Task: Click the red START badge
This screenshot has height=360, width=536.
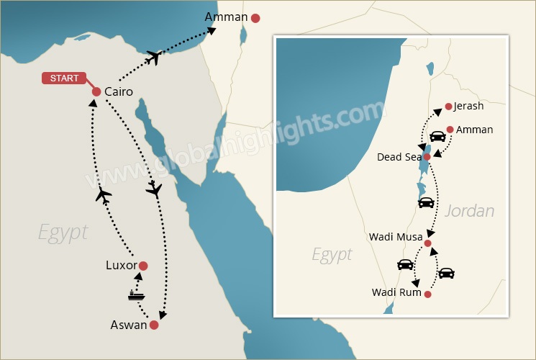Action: click(x=64, y=78)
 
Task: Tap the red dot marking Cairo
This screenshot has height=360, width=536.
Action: click(x=96, y=92)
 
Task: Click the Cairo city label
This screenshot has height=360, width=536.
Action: click(x=119, y=92)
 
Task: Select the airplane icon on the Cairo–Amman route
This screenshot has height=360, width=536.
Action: click(x=153, y=57)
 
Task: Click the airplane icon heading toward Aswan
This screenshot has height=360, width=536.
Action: click(x=153, y=189)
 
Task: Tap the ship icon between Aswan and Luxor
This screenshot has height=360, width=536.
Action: click(x=136, y=295)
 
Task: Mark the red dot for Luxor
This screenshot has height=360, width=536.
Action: click(x=143, y=266)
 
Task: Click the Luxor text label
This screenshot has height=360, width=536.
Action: click(x=121, y=266)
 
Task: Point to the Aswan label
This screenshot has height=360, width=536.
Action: click(x=129, y=325)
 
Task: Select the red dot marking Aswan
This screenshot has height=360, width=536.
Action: click(x=154, y=325)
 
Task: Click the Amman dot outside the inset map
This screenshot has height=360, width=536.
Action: click(x=255, y=17)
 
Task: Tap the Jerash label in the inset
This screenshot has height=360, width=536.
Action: click(x=469, y=107)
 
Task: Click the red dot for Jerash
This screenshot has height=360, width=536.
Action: click(x=448, y=107)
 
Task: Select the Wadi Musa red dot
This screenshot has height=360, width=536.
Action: click(x=428, y=243)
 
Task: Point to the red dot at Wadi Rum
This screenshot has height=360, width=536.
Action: click(x=428, y=294)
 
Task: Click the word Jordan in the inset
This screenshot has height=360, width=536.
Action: click(x=470, y=211)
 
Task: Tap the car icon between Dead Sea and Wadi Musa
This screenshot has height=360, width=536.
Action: click(x=426, y=202)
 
